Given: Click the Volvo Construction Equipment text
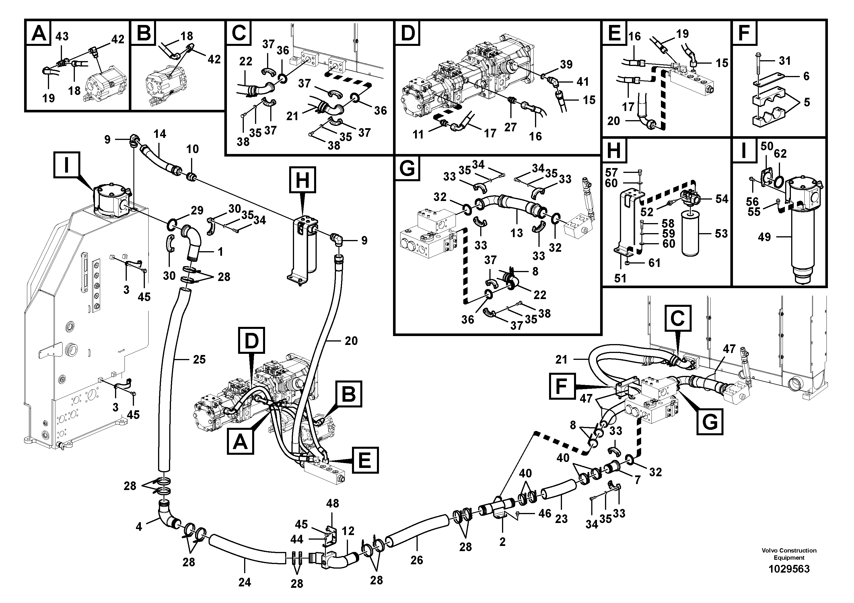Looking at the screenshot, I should click(789, 554).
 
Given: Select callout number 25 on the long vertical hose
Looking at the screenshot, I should click(199, 360).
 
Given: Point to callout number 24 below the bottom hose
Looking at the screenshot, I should click(244, 582).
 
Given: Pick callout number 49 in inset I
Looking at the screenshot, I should click(764, 237).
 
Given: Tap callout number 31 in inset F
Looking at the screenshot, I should click(785, 61).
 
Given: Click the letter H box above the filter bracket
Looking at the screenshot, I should click(302, 180).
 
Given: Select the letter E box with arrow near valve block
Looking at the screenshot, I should click(365, 460).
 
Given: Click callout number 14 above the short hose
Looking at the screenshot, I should click(160, 134).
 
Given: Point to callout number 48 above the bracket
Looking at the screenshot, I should click(332, 504).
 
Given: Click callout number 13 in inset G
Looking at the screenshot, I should click(517, 233).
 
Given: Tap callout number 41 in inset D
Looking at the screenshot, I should click(582, 81).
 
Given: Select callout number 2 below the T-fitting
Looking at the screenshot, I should click(503, 542).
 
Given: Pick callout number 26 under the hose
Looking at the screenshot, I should click(417, 560).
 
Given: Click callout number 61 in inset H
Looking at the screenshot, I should click(654, 263).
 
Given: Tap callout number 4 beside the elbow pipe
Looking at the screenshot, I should click(139, 526).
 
